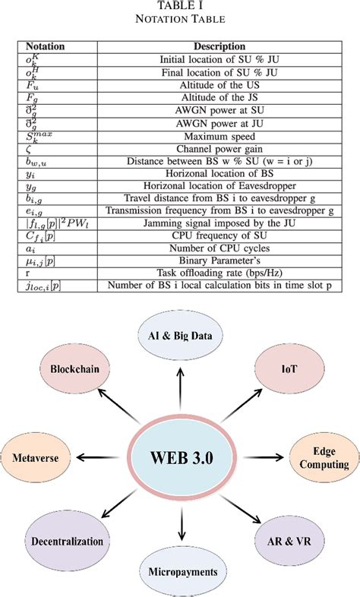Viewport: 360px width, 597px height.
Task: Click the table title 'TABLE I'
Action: click(x=180, y=7)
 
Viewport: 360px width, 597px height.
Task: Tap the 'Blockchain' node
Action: click(x=77, y=370)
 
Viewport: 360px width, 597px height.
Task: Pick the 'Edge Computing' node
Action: click(x=319, y=458)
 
